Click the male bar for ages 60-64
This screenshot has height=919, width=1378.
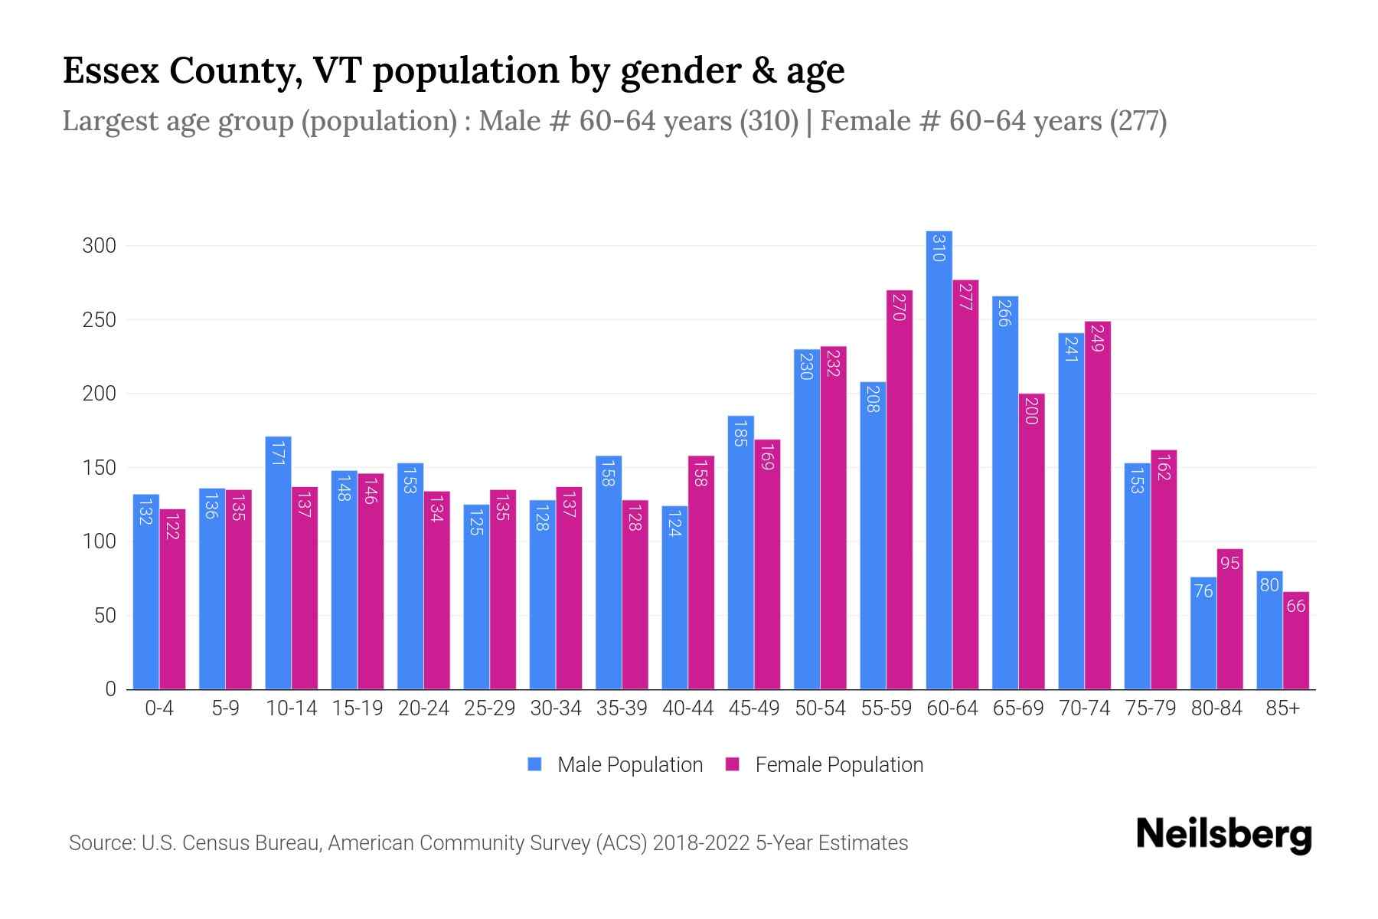[939, 459]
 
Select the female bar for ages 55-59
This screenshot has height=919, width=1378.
[900, 490]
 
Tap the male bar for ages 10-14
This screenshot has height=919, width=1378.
[278, 563]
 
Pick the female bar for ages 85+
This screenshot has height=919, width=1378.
[1296, 640]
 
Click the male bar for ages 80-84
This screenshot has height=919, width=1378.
[1203, 633]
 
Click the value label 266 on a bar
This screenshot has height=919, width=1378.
[1004, 312]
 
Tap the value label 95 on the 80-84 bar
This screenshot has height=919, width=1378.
[1229, 564]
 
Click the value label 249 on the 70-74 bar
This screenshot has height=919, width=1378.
[1096, 338]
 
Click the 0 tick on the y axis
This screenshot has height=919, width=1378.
[110, 689]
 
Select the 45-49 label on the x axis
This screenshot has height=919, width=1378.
[753, 708]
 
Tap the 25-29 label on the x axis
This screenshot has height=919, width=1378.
[489, 708]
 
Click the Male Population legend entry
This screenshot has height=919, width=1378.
[629, 765]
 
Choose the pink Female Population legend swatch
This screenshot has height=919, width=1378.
[733, 764]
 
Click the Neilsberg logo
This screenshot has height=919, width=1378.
[1223, 836]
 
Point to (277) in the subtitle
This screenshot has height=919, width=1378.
[1138, 121]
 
